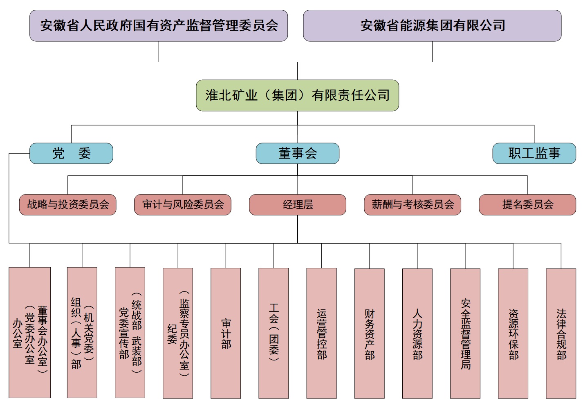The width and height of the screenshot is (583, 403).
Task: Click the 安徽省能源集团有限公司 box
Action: click(432, 26)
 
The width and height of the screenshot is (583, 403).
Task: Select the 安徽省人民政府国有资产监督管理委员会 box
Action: click(159, 26)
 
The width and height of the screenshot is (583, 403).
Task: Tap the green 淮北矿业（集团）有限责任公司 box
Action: click(297, 96)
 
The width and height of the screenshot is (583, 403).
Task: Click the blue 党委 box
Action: click(71, 154)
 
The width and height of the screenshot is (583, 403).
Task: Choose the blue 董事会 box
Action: click(297, 154)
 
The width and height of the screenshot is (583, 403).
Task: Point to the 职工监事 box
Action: click(534, 154)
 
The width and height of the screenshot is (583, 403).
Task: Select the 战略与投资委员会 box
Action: click(68, 205)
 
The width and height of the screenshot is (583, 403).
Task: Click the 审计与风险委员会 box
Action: click(183, 205)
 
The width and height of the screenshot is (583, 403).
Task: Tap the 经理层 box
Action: click(298, 205)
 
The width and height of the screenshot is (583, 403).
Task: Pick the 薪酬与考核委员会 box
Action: click(413, 205)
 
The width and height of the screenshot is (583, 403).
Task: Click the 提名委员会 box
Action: click(527, 205)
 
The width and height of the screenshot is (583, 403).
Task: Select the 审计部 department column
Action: click(226, 333)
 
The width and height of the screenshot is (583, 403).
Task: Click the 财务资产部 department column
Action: click(370, 333)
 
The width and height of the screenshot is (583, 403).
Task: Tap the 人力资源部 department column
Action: click(417, 333)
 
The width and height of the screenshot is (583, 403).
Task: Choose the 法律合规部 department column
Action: click(561, 333)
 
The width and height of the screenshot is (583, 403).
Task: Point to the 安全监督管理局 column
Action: click(465, 333)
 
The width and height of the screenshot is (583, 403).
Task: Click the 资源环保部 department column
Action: click(513, 333)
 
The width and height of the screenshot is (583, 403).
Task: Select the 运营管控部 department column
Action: click(322, 333)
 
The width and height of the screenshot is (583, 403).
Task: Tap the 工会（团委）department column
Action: click(274, 333)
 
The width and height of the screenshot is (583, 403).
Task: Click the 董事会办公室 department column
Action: click(30, 333)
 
